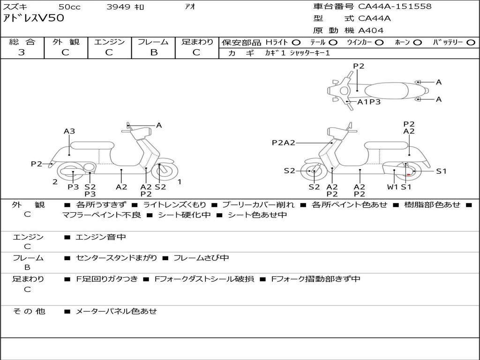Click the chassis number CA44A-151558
pos(395,7)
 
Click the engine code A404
pos(371,30)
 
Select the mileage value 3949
pos(118,7)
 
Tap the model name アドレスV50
pos(34,19)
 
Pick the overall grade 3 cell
pos(22,52)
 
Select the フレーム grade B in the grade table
pos(153,52)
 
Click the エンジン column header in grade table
pos(109,42)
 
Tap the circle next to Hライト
pos(296,42)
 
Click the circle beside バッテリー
pos(471,42)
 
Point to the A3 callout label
pos(69,131)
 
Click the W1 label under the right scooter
pos(392,187)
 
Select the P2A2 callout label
pos(284,142)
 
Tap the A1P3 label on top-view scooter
pos(369,102)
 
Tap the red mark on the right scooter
pos(409,174)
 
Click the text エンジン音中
pos(101,237)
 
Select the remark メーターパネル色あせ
pos(116,311)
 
